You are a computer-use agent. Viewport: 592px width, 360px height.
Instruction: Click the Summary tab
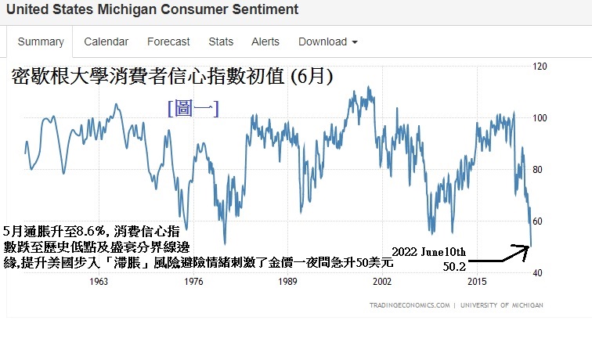(41, 41)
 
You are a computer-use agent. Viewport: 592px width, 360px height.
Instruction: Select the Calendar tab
(106, 41)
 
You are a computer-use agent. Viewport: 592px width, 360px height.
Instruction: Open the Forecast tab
(168, 41)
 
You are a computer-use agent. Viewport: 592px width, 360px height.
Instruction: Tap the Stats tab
(221, 41)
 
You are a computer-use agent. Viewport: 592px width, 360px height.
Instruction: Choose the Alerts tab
(265, 41)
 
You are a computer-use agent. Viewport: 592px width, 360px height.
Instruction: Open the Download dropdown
(328, 41)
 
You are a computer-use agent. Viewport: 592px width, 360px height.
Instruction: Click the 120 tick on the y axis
(539, 67)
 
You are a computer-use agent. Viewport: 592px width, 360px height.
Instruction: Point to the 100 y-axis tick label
(539, 118)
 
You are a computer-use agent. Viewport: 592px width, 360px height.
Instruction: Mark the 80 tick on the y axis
(539, 170)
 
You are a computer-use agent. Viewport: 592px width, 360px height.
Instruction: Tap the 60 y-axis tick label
(539, 221)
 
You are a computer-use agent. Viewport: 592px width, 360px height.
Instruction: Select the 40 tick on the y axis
(539, 272)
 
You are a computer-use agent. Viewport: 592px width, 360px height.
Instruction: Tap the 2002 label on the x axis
(381, 281)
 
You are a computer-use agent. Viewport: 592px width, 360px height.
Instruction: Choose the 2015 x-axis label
(475, 281)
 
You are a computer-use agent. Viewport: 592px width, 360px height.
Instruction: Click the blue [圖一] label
(193, 109)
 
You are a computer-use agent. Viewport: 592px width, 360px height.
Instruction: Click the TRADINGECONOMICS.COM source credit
(410, 305)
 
